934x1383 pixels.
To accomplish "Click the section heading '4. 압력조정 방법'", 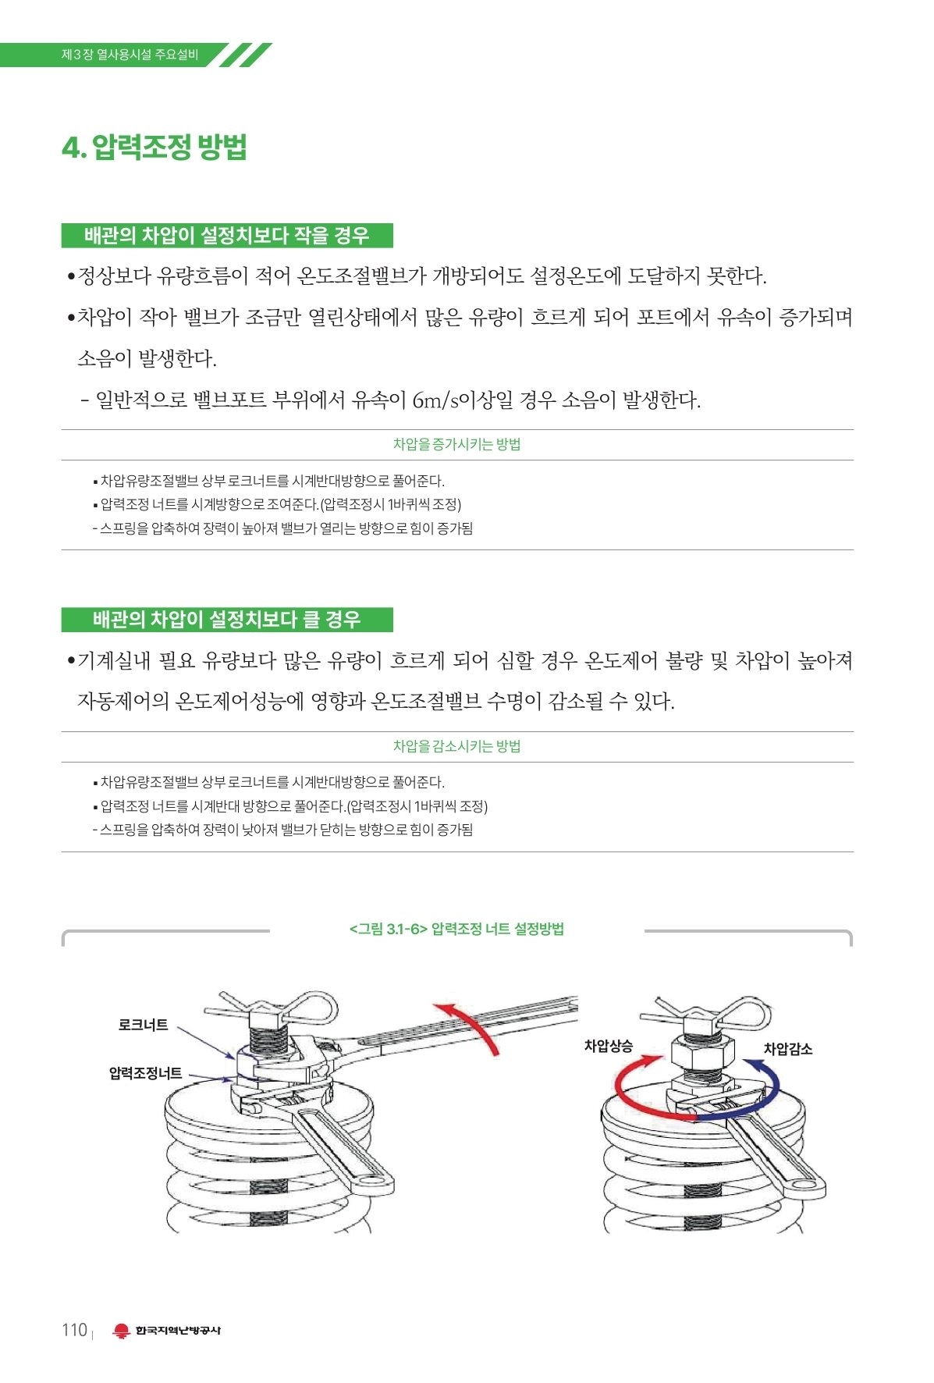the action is point(154,147).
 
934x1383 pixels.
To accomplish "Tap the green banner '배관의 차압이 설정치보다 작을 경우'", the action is point(227,235).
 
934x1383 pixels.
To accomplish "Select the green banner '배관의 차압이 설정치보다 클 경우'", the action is point(227,620).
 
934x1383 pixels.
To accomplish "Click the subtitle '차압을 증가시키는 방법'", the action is point(457,444).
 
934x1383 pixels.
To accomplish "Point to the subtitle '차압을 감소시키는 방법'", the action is point(457,746).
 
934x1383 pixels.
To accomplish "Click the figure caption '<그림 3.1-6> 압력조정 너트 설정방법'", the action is point(457,929).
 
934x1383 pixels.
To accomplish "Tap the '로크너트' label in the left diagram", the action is point(143,1025).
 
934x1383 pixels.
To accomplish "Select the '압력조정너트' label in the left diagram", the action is point(146,1073).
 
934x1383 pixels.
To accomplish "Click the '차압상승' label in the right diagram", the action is point(609,1046).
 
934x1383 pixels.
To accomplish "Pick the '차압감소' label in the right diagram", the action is point(788,1049).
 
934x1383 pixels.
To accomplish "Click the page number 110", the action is point(74,1330).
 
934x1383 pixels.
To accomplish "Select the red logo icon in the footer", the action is point(121,1331).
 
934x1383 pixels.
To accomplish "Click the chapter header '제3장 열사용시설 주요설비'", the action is point(130,55).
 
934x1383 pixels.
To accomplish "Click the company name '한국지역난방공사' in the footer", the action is point(178,1331).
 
